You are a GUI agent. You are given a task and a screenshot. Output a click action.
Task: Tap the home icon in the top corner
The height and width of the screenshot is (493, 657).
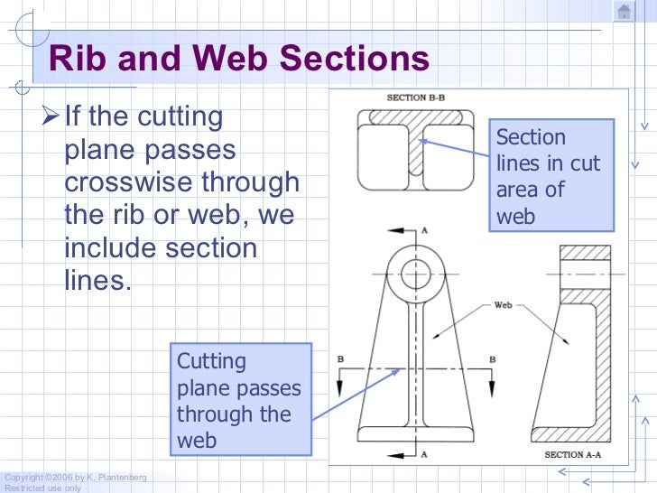pyautogui.click(x=624, y=11)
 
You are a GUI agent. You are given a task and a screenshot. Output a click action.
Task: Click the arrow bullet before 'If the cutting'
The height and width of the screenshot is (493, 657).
pyautogui.click(x=51, y=116)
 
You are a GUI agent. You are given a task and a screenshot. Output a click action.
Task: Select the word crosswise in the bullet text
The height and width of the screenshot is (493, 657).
pyautogui.click(x=125, y=181)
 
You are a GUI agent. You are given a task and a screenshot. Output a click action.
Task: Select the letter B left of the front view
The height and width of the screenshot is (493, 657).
pyautogui.click(x=340, y=359)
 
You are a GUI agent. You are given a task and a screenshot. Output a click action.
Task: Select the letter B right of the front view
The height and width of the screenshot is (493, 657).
pyautogui.click(x=492, y=359)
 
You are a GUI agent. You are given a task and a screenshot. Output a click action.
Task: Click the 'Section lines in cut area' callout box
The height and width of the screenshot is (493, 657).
pyautogui.click(x=551, y=176)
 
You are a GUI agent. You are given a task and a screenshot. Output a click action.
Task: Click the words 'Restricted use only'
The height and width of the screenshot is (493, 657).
pyautogui.click(x=42, y=488)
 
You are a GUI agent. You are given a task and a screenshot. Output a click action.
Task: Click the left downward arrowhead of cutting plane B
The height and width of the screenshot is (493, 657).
pyautogui.click(x=341, y=386)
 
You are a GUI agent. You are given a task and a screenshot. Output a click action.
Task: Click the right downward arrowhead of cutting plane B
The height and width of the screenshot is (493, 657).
pyautogui.click(x=492, y=386)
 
